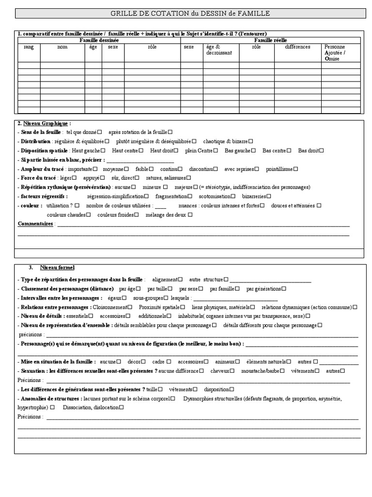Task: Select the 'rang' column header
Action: (29, 47)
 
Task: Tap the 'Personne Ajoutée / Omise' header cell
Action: (335, 53)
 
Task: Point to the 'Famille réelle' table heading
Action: (270, 40)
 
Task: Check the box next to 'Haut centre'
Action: (141, 150)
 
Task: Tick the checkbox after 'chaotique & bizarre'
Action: (251, 141)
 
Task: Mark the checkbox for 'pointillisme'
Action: (296, 169)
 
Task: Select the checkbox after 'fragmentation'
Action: (190, 197)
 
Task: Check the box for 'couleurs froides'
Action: (137, 215)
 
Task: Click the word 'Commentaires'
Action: (35, 224)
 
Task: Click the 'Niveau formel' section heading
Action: (58, 267)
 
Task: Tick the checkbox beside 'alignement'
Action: (180, 280)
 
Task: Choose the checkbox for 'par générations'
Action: (284, 289)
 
